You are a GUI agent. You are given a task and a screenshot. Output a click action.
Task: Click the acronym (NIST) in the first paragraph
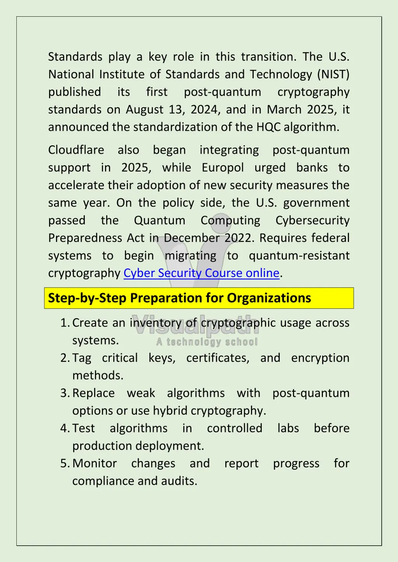click(333, 74)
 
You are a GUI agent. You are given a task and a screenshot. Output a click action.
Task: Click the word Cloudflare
click(76, 150)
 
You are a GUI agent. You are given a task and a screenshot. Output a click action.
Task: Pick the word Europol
click(223, 168)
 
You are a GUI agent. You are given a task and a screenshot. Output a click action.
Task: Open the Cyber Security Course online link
click(201, 273)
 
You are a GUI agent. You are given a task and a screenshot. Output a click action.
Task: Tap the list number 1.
click(64, 323)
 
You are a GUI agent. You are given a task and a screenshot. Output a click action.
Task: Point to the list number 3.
click(64, 393)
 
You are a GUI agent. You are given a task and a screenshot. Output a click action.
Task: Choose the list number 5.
click(64, 463)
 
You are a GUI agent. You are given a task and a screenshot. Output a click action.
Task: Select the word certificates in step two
click(218, 358)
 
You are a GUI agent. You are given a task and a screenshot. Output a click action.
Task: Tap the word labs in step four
click(288, 428)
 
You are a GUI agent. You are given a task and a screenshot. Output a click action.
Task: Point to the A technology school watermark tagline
click(207, 342)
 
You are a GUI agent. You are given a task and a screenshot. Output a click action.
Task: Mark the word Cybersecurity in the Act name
click(312, 220)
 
